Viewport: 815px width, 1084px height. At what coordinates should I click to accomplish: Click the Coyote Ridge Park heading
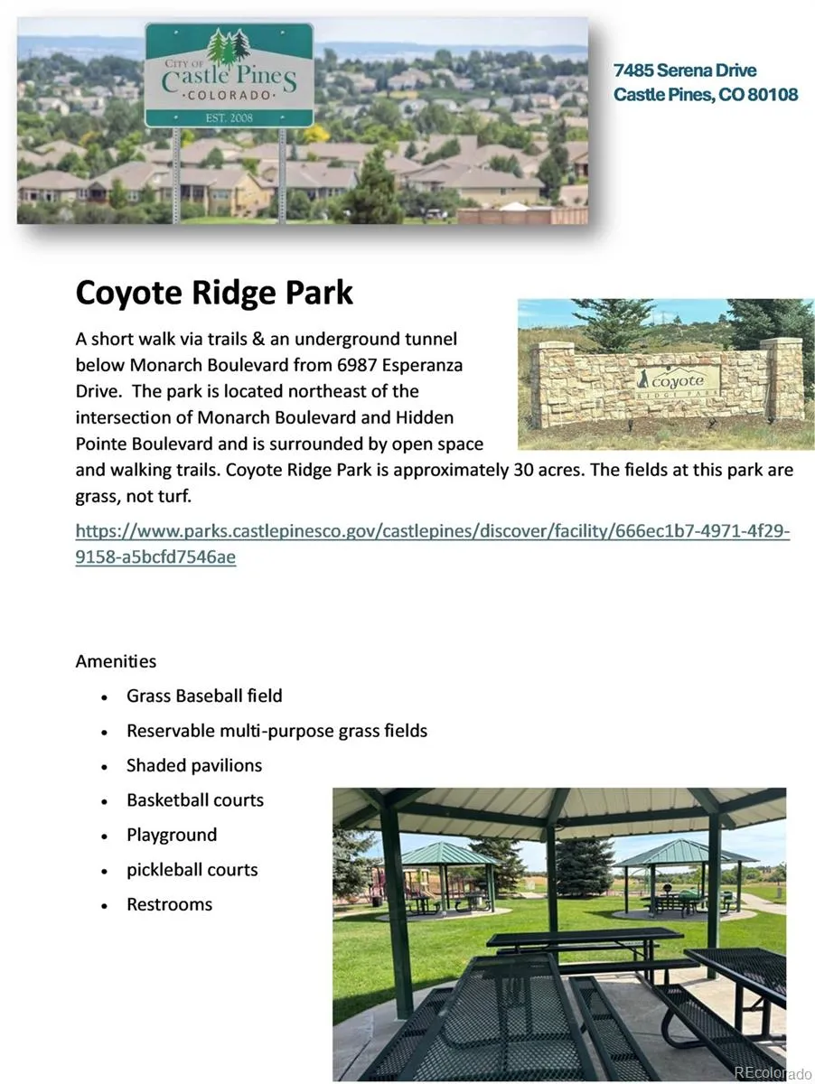[x=214, y=294]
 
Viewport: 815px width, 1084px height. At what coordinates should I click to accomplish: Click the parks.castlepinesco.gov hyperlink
[x=433, y=544]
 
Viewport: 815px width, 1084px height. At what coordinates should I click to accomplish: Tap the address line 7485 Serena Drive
[x=685, y=70]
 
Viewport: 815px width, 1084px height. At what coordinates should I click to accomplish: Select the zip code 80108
[x=773, y=94]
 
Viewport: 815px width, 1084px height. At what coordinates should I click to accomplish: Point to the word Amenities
[x=116, y=661]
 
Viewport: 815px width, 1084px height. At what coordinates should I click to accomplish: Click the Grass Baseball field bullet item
[x=204, y=696]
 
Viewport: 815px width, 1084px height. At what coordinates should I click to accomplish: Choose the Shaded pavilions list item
[x=194, y=765]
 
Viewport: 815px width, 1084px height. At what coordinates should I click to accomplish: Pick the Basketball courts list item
[x=195, y=800]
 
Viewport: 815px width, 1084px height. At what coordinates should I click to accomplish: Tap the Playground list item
[x=172, y=835]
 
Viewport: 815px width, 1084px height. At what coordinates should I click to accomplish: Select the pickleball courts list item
[x=192, y=870]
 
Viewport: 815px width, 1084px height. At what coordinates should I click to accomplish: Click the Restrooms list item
[x=170, y=904]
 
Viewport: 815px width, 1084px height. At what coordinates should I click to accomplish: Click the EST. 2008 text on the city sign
[x=230, y=118]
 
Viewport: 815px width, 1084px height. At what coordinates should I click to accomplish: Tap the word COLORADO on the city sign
[x=230, y=95]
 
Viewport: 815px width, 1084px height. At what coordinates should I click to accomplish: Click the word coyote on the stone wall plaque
[x=678, y=382]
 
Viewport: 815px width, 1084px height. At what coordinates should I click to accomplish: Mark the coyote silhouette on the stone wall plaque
[x=643, y=378]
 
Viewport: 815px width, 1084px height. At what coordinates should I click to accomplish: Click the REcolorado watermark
[x=773, y=1072]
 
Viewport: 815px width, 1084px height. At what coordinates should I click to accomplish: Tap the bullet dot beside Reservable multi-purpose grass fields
[x=104, y=733]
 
